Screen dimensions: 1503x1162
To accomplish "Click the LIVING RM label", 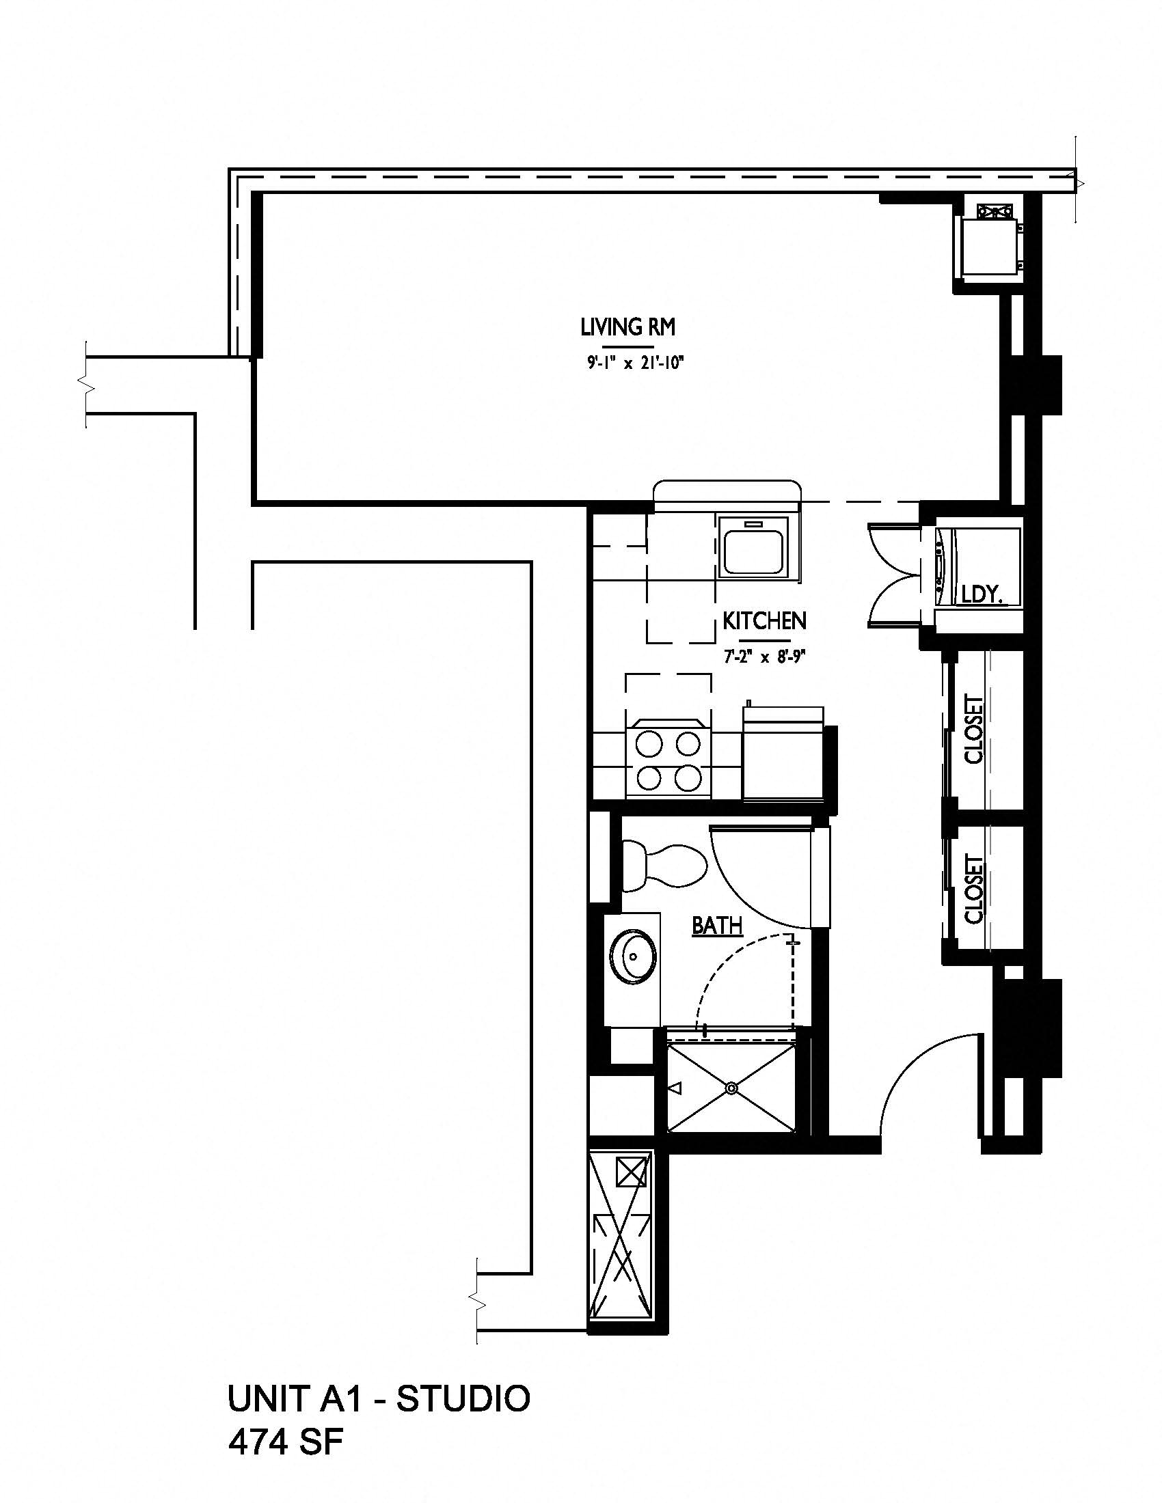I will click(x=627, y=327).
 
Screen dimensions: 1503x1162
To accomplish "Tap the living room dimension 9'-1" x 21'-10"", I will click(x=634, y=364).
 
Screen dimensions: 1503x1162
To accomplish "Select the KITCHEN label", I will click(x=764, y=621).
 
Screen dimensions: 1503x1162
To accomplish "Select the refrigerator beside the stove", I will click(x=783, y=756).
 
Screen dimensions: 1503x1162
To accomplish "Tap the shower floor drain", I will click(x=731, y=1088).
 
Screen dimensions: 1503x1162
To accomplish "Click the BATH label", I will click(x=716, y=926).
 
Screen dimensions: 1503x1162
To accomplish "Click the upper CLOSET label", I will click(x=974, y=730).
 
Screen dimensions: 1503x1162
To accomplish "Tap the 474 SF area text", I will click(x=285, y=1442).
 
